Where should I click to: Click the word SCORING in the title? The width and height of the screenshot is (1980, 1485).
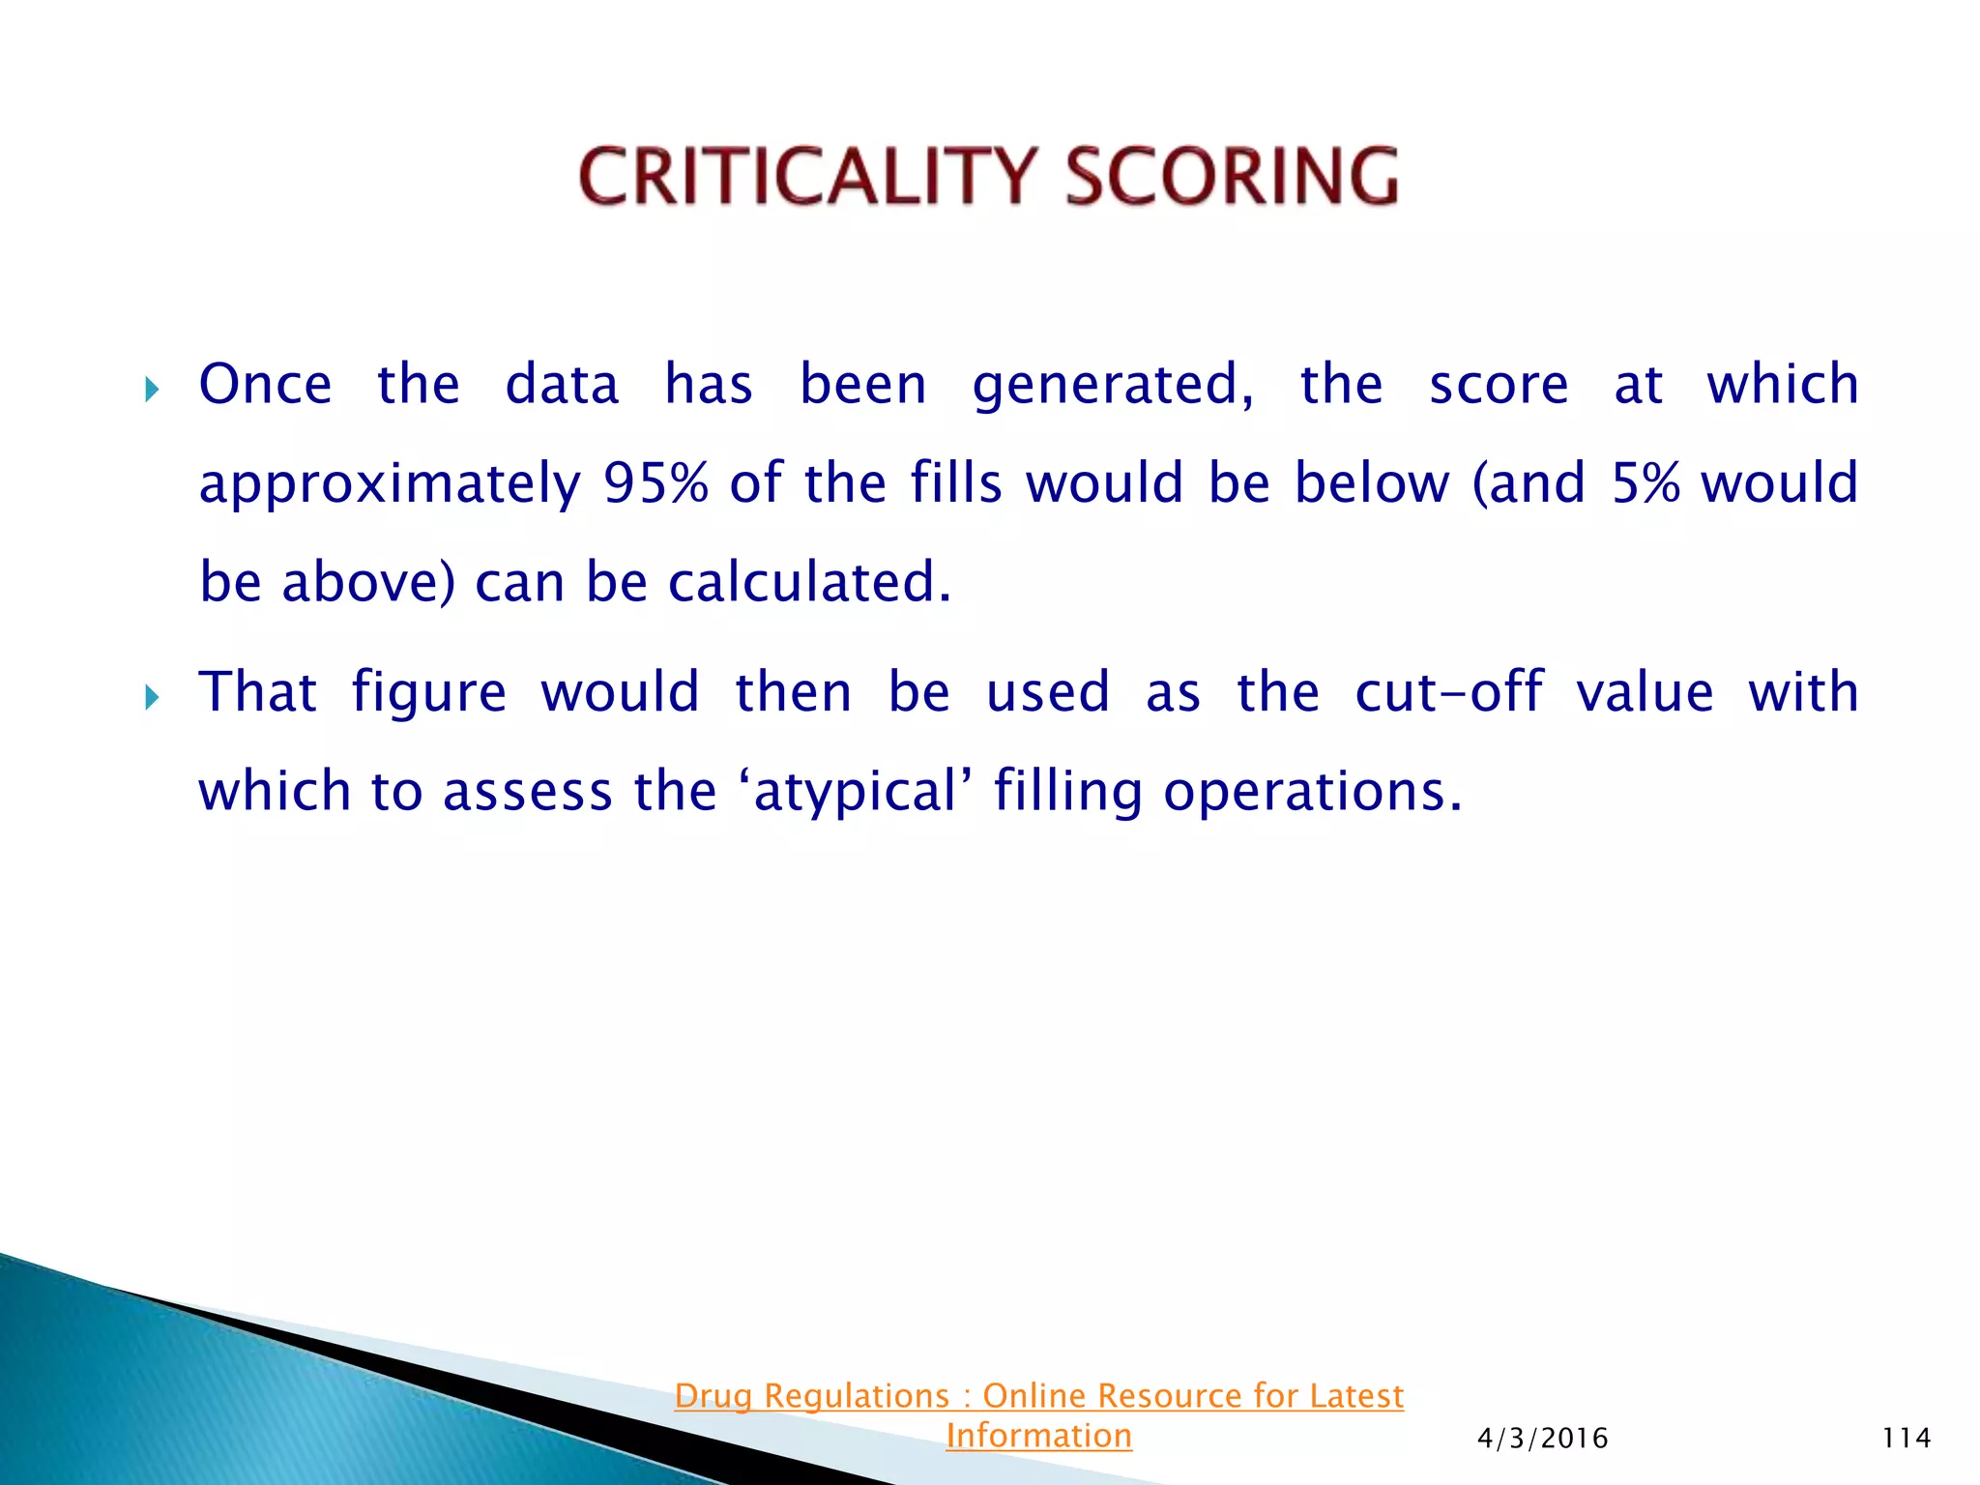pyautogui.click(x=1232, y=177)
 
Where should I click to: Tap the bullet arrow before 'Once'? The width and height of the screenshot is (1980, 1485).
pyautogui.click(x=151, y=390)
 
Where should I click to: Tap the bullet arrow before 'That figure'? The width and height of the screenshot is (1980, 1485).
pyautogui.click(x=151, y=697)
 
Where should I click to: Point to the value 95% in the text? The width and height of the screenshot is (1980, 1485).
pyautogui.click(x=655, y=483)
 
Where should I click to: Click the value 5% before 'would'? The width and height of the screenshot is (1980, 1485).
pyautogui.click(x=1645, y=483)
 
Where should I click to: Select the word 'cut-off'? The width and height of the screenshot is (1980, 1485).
pyautogui.click(x=1448, y=693)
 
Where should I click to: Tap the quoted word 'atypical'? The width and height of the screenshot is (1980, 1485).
pyautogui.click(x=854, y=793)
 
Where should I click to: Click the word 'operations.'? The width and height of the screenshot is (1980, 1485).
pyautogui.click(x=1313, y=793)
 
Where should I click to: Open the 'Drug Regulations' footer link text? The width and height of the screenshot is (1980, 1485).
pyautogui.click(x=812, y=1396)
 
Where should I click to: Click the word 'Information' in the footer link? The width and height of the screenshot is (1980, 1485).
pyautogui.click(x=1038, y=1436)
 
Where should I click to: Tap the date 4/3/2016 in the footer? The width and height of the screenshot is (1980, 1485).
pyautogui.click(x=1542, y=1439)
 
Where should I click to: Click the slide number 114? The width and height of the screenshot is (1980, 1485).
pyautogui.click(x=1906, y=1439)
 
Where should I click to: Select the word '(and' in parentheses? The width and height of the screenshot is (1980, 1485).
pyautogui.click(x=1529, y=483)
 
